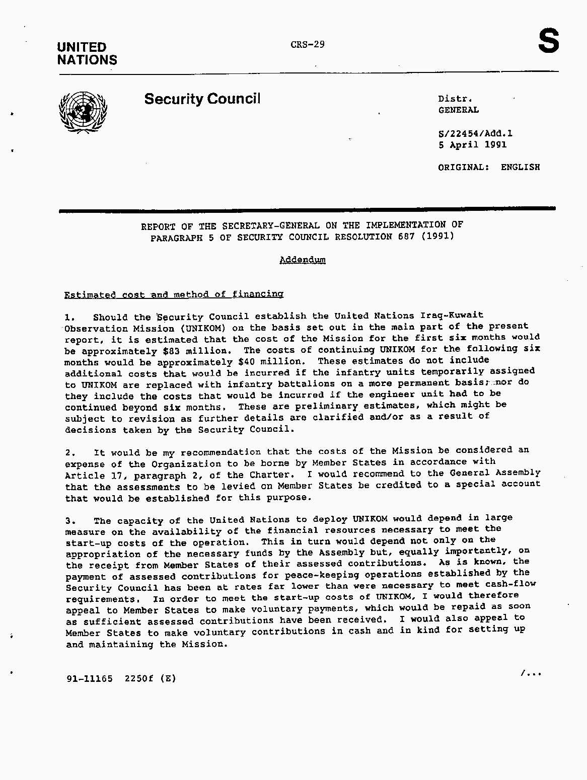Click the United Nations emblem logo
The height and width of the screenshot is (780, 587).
pyautogui.click(x=83, y=112)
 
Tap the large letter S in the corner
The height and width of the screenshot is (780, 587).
pyautogui.click(x=548, y=41)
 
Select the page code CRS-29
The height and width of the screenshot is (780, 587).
pyautogui.click(x=308, y=44)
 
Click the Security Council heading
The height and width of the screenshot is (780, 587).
pyautogui.click(x=202, y=99)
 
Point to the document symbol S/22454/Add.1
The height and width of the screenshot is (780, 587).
pyautogui.click(x=475, y=134)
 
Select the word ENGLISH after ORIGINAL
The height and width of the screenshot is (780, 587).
pyautogui.click(x=520, y=167)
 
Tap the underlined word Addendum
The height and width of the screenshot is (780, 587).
pyautogui.click(x=303, y=260)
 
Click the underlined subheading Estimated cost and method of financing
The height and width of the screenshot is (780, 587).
pyautogui.click(x=174, y=294)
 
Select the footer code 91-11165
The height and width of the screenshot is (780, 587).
pyautogui.click(x=89, y=678)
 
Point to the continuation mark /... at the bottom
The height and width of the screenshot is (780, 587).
pyautogui.click(x=531, y=672)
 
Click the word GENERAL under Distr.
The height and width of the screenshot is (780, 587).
pyautogui.click(x=458, y=110)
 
